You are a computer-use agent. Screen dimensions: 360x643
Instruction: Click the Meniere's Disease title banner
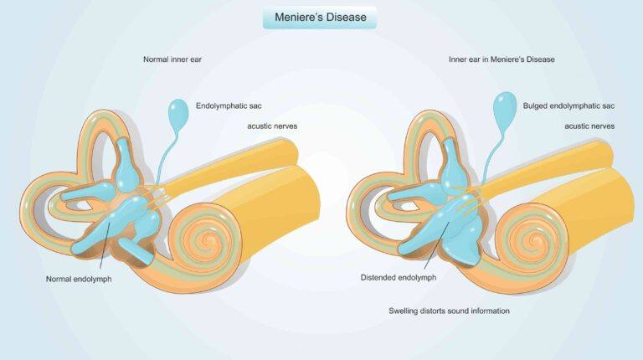tap(320, 18)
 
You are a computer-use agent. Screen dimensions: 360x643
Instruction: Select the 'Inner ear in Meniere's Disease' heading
tap(502, 59)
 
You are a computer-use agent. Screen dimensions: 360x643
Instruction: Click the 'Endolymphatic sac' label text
tap(229, 107)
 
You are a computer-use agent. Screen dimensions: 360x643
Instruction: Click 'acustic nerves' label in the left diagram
tap(272, 126)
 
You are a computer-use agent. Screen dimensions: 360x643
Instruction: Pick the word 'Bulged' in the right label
tap(536, 107)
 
